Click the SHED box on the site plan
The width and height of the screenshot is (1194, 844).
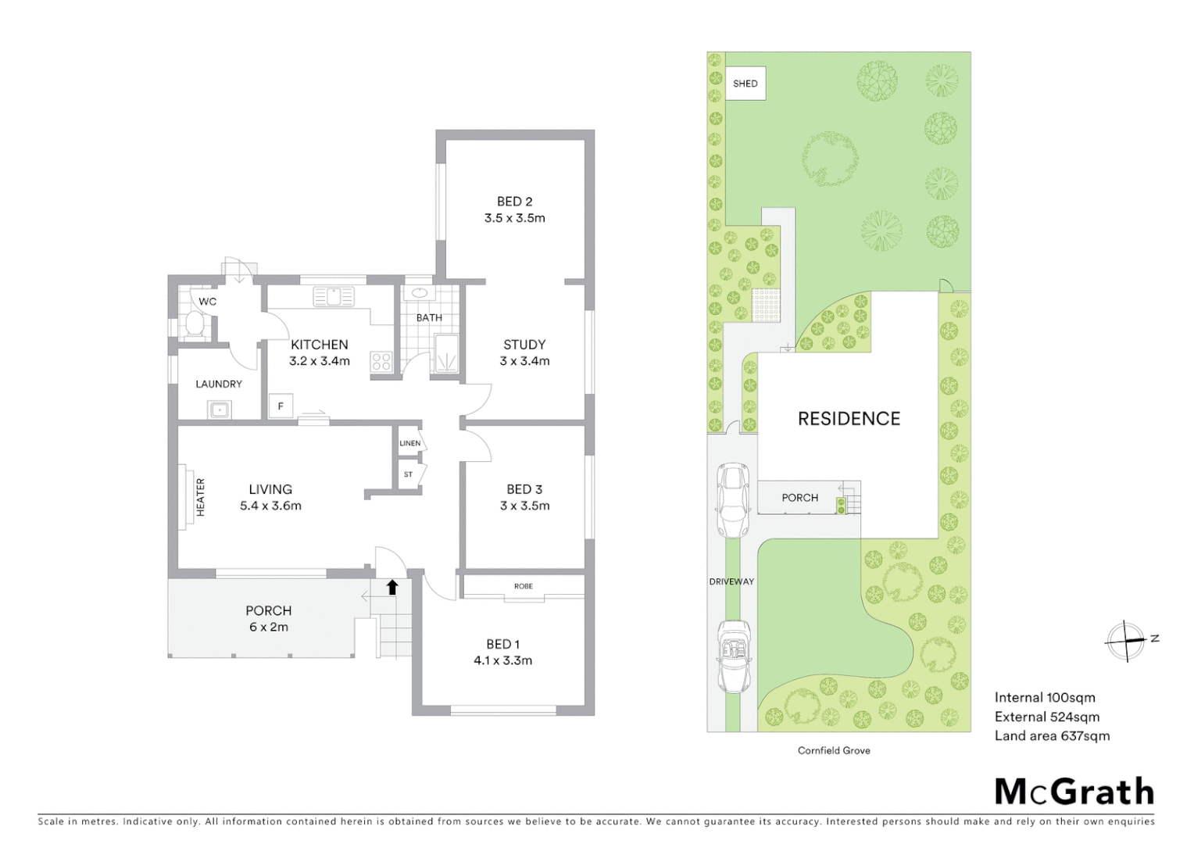click(x=745, y=84)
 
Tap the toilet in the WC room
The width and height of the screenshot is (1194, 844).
click(x=193, y=326)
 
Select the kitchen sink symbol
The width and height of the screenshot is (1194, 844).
click(x=334, y=297)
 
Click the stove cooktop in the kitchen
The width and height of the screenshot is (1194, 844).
click(x=381, y=361)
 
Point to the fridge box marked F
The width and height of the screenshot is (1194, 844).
click(x=281, y=406)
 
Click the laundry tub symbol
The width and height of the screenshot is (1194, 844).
click(x=219, y=409)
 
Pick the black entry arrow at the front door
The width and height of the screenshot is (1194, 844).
click(x=392, y=587)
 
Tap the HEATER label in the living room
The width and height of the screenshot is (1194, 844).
click(x=200, y=497)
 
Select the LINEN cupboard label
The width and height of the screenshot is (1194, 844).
click(x=410, y=443)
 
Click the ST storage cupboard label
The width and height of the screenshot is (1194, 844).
click(x=408, y=474)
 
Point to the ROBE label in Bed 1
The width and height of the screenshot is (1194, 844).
click(x=523, y=586)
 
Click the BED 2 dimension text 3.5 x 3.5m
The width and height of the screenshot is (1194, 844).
click(x=514, y=218)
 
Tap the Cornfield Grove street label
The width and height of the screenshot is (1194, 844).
click(x=834, y=750)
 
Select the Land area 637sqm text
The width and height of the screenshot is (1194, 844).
click(x=1052, y=735)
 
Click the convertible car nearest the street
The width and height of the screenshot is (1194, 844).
click(x=734, y=656)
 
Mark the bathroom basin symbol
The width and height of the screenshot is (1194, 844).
click(x=420, y=294)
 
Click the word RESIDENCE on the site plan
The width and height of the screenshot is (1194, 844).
click(x=849, y=419)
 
